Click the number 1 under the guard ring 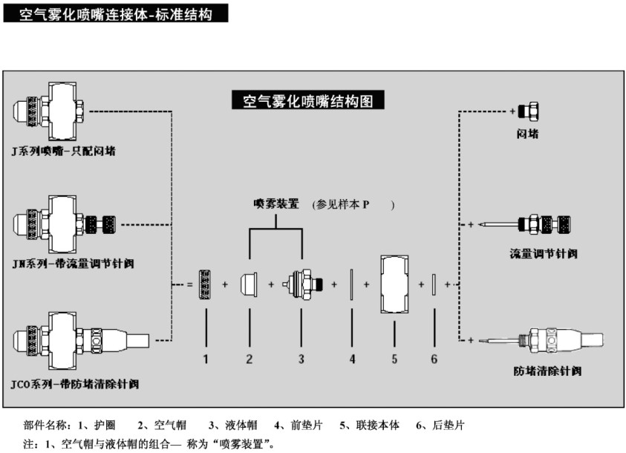tap(206, 359)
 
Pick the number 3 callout tap(301, 359)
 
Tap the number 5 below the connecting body tap(395, 359)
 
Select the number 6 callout tap(435, 359)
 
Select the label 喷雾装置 tap(275, 203)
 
